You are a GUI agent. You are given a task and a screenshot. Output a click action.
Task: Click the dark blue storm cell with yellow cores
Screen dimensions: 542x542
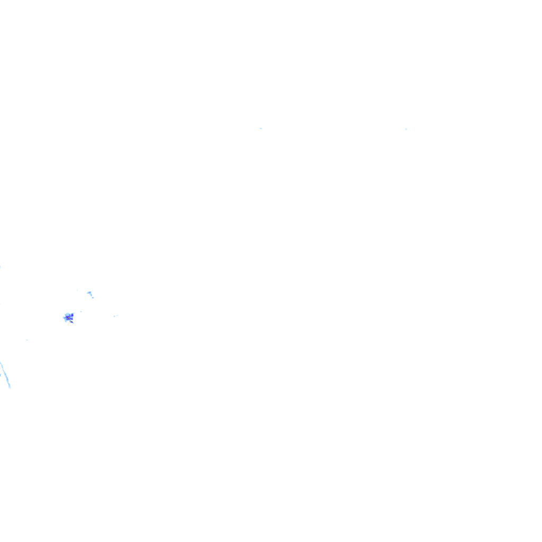pos(68,318)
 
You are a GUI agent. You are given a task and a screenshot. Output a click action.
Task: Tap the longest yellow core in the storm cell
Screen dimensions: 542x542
pos(68,318)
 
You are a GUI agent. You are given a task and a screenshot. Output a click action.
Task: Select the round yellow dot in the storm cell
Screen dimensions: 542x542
pos(71,319)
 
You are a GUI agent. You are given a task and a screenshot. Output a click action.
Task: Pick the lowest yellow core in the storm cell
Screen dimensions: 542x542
pos(71,321)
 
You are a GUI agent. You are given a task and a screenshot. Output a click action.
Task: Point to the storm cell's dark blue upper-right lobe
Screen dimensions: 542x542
pos(73,315)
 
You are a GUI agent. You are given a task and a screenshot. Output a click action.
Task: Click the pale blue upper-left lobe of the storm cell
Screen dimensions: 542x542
pos(67,314)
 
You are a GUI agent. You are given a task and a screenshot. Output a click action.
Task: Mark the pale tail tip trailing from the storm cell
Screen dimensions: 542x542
pos(74,323)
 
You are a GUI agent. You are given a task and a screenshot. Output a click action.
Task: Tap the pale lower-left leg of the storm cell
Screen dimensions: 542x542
pos(66,321)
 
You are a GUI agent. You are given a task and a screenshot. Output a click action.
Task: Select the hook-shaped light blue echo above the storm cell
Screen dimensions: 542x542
pos(89,293)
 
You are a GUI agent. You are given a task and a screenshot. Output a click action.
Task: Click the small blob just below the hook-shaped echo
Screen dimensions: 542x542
pos(93,297)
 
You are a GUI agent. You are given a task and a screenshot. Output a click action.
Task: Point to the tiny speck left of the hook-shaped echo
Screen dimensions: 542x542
pos(77,290)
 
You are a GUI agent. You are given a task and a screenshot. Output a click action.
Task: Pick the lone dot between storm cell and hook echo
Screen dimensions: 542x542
pos(81,312)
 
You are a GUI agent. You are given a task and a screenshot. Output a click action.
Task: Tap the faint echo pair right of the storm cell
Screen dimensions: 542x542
pos(115,316)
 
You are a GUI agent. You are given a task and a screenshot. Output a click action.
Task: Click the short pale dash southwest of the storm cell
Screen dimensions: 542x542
pos(27,340)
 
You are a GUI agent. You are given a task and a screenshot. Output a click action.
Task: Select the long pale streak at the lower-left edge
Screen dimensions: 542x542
pos(5,376)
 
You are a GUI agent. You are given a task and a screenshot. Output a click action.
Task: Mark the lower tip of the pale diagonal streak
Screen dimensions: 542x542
pos(10,387)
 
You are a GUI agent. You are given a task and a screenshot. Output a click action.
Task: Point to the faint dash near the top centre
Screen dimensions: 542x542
pos(260,128)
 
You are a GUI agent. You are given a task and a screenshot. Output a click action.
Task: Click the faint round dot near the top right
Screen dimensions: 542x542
pos(406,129)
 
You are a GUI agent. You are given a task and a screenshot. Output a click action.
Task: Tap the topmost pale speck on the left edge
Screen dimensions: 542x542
pos(1,267)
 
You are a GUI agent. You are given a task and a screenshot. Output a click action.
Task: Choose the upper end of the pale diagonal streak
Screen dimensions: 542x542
pos(1,363)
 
